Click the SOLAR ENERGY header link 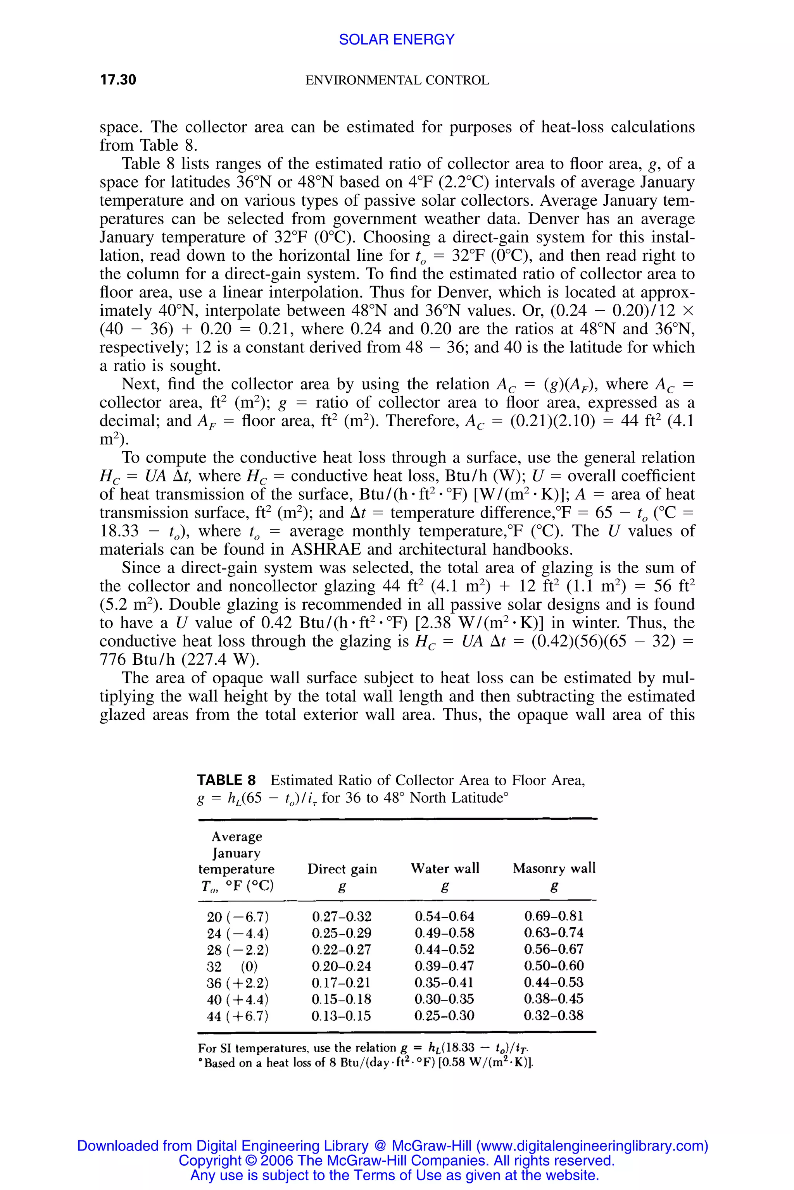pyautogui.click(x=397, y=40)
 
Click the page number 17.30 pyautogui.click(x=118, y=80)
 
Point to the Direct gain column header pyautogui.click(x=342, y=869)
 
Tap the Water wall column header pyautogui.click(x=445, y=868)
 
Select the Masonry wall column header pyautogui.click(x=554, y=868)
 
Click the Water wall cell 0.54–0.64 pyautogui.click(x=444, y=916)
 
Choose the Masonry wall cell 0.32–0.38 pyautogui.click(x=554, y=1015)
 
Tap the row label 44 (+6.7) pyautogui.click(x=238, y=1016)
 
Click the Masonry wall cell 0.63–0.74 pyautogui.click(x=554, y=932)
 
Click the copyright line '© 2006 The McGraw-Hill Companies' pyautogui.click(x=397, y=1161)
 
